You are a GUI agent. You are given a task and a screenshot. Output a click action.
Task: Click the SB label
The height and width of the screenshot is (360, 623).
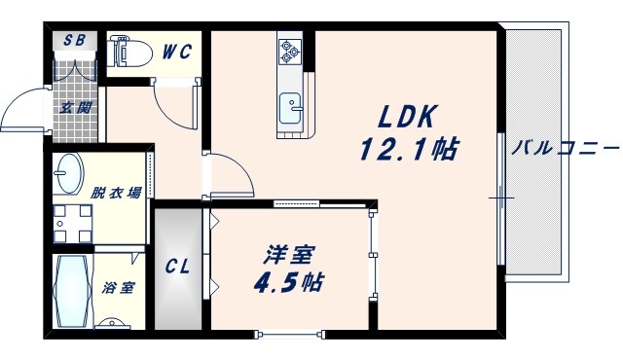[74, 42]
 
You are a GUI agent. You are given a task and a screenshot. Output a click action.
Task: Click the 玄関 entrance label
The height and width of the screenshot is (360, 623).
[75, 108]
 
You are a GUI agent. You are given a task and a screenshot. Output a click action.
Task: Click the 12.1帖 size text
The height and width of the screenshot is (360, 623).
[409, 151]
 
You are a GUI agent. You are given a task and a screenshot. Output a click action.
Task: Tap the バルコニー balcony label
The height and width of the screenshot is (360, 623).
[566, 149]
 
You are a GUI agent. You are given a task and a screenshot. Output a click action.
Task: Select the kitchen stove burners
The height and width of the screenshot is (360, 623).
[290, 54]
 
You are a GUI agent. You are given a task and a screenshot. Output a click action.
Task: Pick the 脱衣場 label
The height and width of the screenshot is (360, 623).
[116, 193]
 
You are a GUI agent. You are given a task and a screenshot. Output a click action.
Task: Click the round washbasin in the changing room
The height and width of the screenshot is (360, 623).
[69, 174]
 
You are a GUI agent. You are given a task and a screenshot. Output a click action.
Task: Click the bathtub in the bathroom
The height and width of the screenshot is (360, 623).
[72, 292]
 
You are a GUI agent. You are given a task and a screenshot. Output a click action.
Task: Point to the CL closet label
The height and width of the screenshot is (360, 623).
[176, 265]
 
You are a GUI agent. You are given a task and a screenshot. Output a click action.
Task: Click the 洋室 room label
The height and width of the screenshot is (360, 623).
[288, 255]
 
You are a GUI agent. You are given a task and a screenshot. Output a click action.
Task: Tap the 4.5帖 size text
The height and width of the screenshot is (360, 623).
[289, 283]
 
